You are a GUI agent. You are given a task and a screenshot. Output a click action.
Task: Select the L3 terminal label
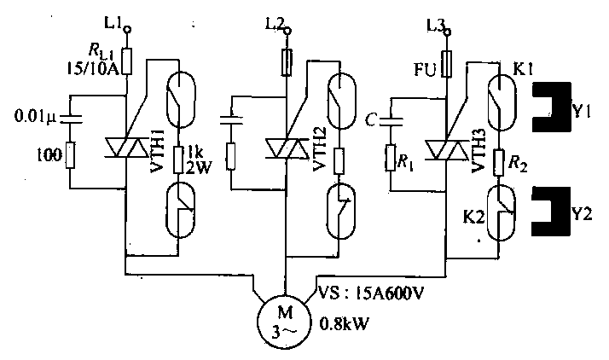[x=435, y=25]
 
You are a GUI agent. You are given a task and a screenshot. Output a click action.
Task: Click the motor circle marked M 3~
[x=284, y=322]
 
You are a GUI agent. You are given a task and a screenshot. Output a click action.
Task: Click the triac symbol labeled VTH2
[x=286, y=148]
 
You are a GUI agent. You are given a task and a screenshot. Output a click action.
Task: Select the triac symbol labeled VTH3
[x=445, y=149]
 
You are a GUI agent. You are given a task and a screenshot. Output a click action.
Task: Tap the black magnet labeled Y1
[x=552, y=107]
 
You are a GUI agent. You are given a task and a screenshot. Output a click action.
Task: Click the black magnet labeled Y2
[x=552, y=212]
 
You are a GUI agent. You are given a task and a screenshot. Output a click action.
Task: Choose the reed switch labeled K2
[x=501, y=212]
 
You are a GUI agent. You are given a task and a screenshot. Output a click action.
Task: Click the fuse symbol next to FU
[x=447, y=64]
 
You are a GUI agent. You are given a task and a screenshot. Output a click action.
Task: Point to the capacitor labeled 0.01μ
[x=70, y=118]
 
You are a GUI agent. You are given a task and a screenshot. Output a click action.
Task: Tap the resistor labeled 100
[x=70, y=155]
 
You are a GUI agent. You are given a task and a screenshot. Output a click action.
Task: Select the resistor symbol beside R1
[x=391, y=158]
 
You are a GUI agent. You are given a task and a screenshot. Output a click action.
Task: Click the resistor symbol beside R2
[x=499, y=162]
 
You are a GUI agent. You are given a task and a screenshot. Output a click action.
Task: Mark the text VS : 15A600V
[x=370, y=293]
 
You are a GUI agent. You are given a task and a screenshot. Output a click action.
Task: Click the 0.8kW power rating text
[x=344, y=323]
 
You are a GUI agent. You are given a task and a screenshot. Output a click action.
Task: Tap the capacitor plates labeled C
[x=391, y=120]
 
